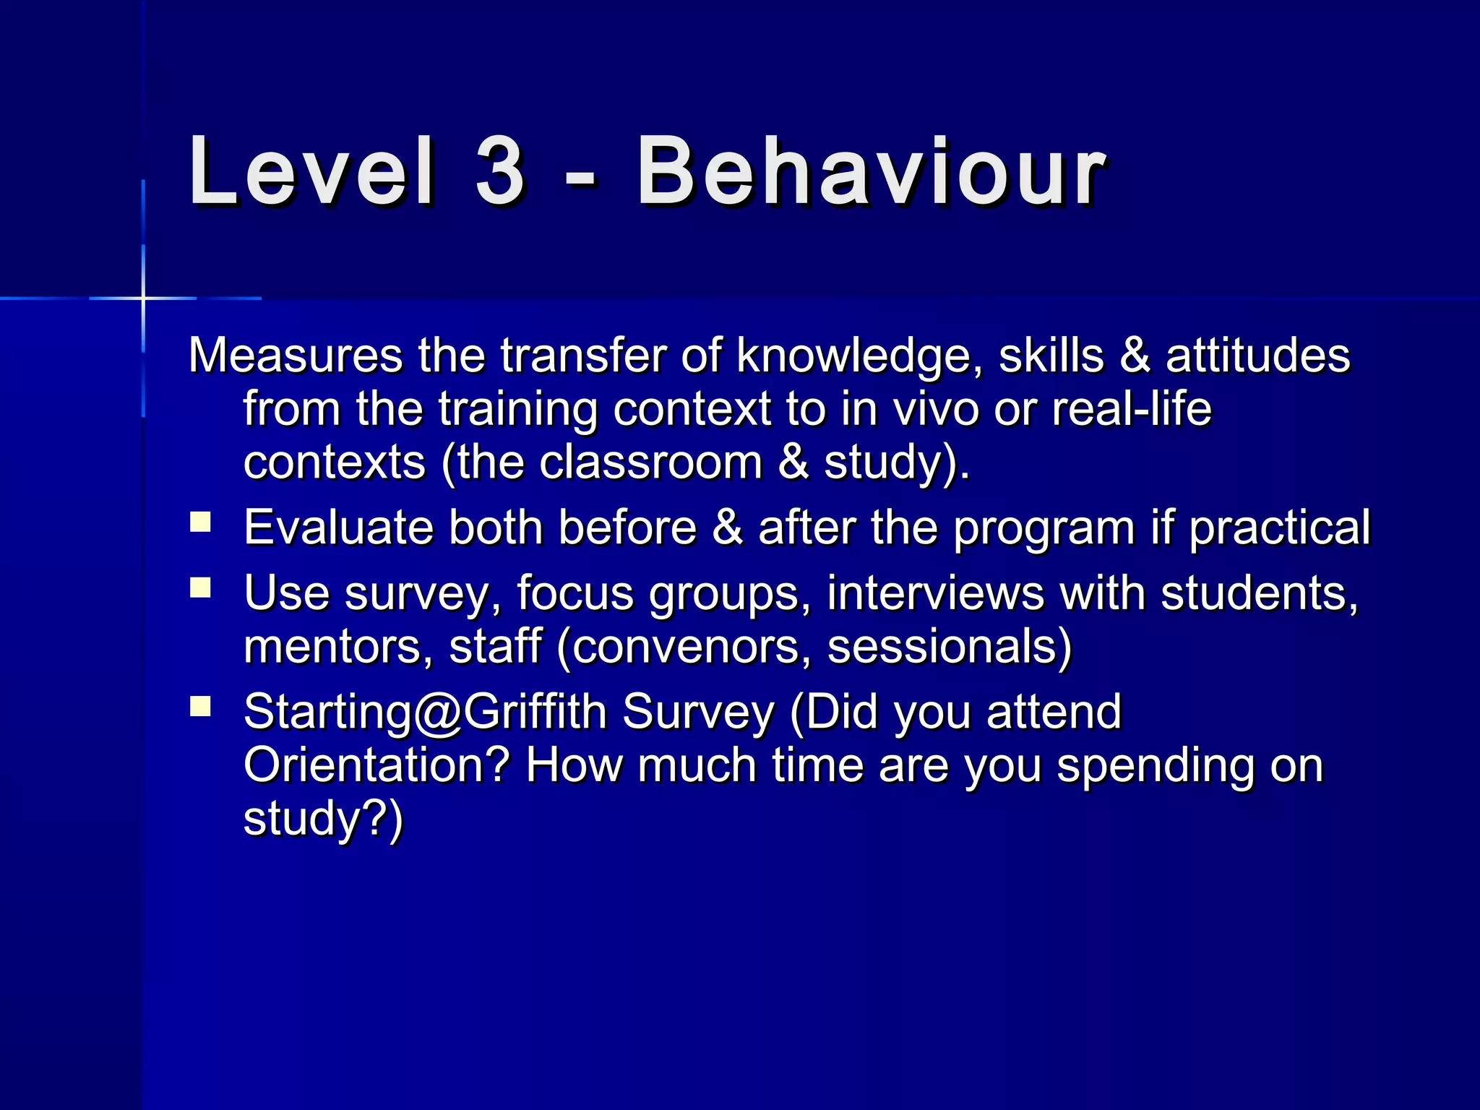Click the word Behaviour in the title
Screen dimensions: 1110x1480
(x=870, y=172)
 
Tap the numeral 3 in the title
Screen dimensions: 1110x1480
(x=500, y=172)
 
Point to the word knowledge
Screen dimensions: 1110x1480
(x=859, y=357)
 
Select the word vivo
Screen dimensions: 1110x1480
(x=936, y=409)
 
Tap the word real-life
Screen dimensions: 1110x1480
(x=1131, y=409)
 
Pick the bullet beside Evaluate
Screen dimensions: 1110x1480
(x=200, y=522)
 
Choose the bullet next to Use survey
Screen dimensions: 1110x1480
(x=200, y=588)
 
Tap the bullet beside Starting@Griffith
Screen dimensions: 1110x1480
(x=200, y=706)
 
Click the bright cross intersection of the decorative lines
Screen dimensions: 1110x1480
(x=143, y=298)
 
